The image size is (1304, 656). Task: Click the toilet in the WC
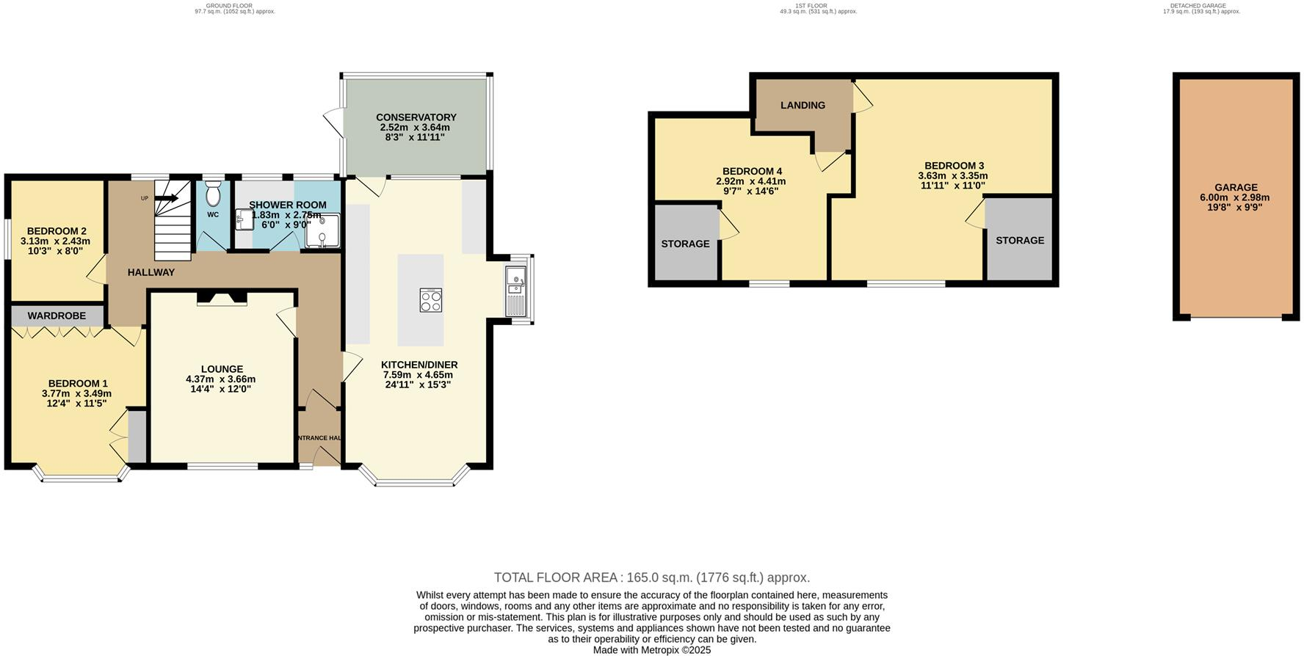coord(214,195)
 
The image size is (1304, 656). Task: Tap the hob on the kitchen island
coord(431,300)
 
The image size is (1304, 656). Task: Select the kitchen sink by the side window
coord(516,290)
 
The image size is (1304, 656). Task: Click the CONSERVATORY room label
coord(416,117)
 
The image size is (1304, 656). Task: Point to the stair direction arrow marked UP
coord(166,197)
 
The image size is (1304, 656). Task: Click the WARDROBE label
coord(57,316)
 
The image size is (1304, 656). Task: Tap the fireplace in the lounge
coord(221,298)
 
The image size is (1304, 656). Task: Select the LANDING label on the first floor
coord(803,105)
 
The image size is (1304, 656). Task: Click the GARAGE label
coord(1236,187)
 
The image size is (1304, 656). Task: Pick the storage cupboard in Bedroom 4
coord(685,243)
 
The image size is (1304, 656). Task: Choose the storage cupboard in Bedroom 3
coord(1019,240)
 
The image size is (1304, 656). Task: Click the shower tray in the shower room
coord(324,231)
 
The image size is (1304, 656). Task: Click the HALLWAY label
coord(151,272)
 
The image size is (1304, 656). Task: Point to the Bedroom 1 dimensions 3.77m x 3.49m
coord(76,393)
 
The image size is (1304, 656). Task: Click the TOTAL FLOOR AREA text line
coord(651,577)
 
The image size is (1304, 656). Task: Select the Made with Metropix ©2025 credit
coord(651,650)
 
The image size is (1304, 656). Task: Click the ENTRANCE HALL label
coord(319,438)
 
